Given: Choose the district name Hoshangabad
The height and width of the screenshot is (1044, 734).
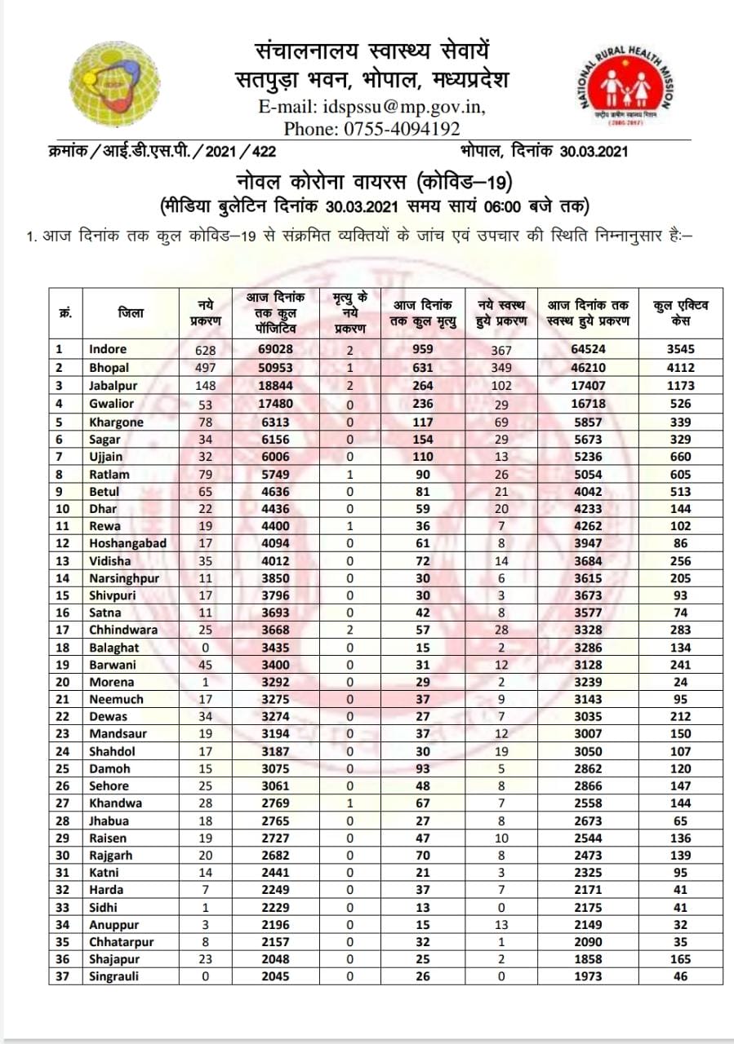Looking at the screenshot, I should pyautogui.click(x=128, y=543).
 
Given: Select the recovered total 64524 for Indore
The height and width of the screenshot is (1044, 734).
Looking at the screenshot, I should pyautogui.click(x=588, y=350).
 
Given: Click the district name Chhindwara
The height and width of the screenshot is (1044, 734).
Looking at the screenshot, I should pyautogui.click(x=123, y=630).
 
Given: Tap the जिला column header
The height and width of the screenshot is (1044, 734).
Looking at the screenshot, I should pyautogui.click(x=131, y=312).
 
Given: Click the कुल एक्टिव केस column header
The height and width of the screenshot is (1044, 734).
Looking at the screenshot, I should pyautogui.click(x=680, y=312).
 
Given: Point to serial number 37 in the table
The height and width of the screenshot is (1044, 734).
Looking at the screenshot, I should pyautogui.click(x=59, y=976).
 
